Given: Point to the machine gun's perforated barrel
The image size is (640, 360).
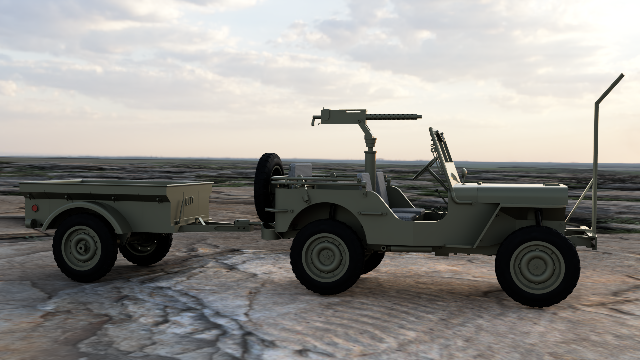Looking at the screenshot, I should pyautogui.click(x=393, y=117).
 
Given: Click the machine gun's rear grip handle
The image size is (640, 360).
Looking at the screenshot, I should pyautogui.click(x=314, y=121).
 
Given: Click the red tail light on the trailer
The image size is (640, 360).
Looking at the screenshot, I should pyautogui.click(x=34, y=208).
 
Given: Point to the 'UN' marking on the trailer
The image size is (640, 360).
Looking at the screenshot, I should pyautogui.click(x=189, y=201).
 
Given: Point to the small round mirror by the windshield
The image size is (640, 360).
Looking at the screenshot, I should pyautogui.click(x=464, y=172).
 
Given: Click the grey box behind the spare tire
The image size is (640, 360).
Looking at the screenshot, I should pyautogui.click(x=300, y=170).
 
